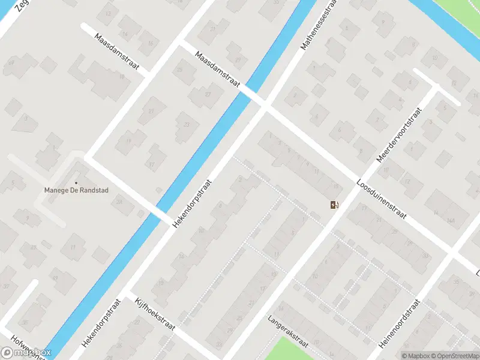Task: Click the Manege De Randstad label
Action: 76,191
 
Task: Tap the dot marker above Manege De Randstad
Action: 76,182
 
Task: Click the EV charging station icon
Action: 334,205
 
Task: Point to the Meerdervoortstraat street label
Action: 400,136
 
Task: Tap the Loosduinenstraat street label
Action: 381,200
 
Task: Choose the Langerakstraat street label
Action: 289,332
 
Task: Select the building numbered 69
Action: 11,62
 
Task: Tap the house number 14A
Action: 451,220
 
